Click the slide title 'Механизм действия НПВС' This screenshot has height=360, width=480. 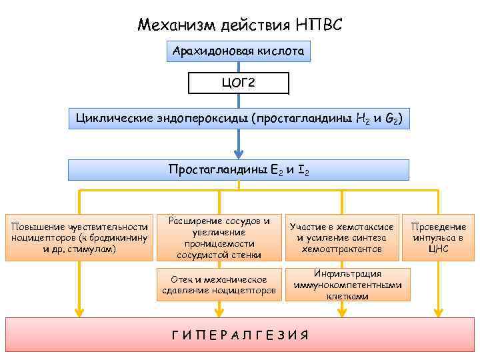coord(239,25)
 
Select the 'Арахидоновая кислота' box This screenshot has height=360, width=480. coord(239,51)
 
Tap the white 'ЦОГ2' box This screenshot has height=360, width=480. coord(239,83)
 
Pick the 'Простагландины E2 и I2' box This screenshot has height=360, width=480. coord(239,170)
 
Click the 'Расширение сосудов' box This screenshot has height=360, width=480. coord(219,238)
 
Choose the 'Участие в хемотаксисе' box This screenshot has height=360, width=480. coord(341,238)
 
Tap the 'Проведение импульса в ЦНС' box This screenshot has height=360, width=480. coord(438,238)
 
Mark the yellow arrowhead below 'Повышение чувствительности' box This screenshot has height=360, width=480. coord(79,310)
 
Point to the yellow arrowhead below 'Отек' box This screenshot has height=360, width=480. coord(219,310)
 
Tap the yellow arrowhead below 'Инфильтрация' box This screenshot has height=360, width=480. coord(341,310)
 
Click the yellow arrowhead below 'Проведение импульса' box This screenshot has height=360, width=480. coord(438,310)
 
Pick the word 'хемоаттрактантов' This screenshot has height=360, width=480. coord(341,249)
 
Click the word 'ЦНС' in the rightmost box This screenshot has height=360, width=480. coord(438,249)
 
